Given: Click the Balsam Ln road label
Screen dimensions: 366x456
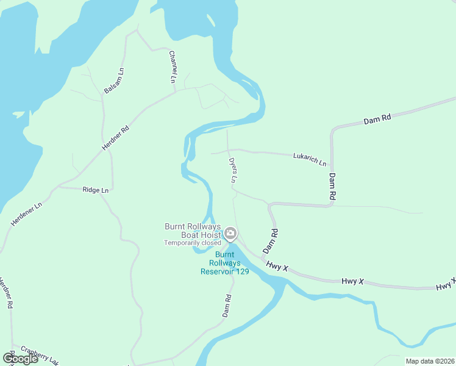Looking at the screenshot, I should click(x=114, y=80).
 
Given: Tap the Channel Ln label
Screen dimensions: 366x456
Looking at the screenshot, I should click(x=173, y=66).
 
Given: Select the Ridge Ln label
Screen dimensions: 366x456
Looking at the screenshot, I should click(x=96, y=190).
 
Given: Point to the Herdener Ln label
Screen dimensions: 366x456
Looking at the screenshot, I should click(x=26, y=214).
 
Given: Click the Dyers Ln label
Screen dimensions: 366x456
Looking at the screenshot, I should click(x=232, y=171).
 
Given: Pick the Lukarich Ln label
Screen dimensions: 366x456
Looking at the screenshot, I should click(x=309, y=160).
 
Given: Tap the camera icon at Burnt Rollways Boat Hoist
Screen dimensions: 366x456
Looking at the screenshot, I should click(x=230, y=233).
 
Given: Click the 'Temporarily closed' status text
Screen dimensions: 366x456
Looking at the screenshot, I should click(x=192, y=243).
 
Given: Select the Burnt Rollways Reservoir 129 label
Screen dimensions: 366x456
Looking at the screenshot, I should click(x=225, y=263).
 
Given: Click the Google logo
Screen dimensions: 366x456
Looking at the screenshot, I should click(x=20, y=359).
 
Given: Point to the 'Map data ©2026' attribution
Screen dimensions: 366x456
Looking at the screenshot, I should click(x=430, y=361).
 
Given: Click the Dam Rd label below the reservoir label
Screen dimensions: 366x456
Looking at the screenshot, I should click(x=227, y=306).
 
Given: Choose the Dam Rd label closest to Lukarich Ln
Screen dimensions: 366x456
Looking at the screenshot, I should click(x=332, y=187).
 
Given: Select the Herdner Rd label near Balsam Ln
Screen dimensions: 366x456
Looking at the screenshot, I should click(x=115, y=138).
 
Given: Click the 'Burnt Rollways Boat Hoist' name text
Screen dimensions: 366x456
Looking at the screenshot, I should click(x=193, y=230).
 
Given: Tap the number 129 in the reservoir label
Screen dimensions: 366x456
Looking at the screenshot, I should click(x=242, y=271).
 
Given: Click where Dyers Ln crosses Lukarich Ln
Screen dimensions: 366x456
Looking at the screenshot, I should click(x=228, y=150).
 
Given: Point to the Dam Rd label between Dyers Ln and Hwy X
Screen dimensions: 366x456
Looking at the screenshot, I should click(x=270, y=242).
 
